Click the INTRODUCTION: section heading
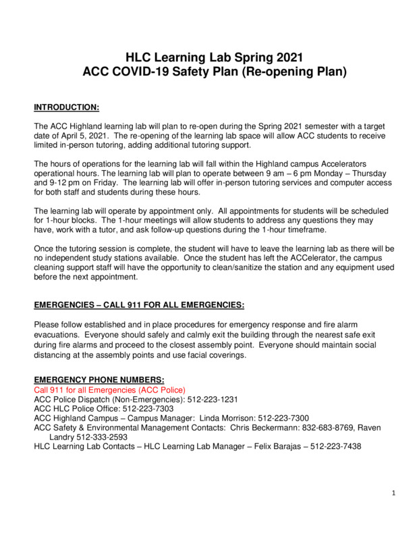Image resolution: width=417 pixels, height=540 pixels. (67, 107)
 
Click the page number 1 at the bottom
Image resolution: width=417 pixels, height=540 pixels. (393, 493)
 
